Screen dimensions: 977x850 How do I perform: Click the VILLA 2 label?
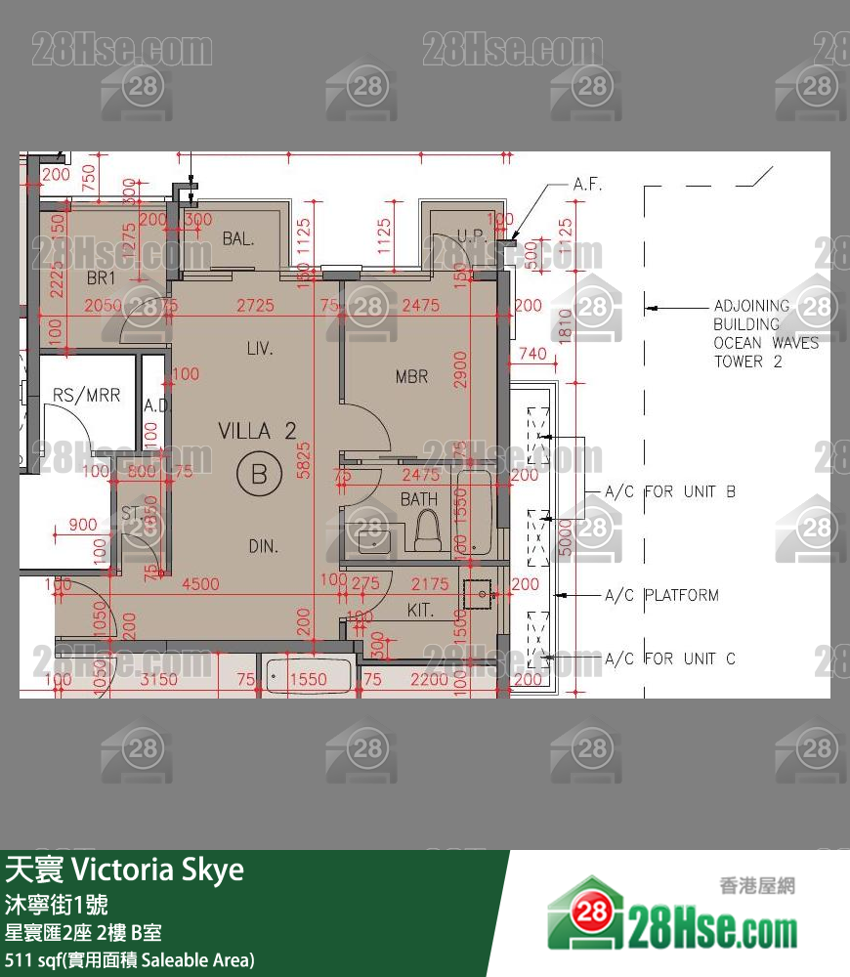coord(257,431)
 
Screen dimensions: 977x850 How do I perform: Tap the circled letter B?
coord(259,475)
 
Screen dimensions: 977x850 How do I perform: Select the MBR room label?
coord(412,376)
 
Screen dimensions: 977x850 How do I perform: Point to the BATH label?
coord(419,499)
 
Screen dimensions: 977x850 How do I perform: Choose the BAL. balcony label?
coord(238,238)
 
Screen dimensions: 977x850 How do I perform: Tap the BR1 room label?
coord(102,278)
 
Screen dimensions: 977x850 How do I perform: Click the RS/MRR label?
coord(87,396)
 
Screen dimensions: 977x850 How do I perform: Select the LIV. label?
coord(259,348)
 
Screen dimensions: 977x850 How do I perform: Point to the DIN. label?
coord(264,546)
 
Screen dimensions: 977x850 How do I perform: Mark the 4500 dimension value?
coord(201,584)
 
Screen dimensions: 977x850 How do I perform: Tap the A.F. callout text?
coord(588,185)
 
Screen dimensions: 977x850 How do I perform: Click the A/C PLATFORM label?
coord(661,595)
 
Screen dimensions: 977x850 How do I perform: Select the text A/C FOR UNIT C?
coord(670,658)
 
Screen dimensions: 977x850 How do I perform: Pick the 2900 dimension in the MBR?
coord(461,368)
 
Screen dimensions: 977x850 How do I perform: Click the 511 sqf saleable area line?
coord(130,959)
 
